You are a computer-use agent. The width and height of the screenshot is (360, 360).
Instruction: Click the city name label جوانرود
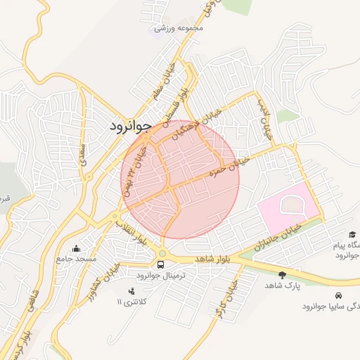[x=131, y=127]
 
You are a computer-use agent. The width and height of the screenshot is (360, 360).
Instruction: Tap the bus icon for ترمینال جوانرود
[x=162, y=265]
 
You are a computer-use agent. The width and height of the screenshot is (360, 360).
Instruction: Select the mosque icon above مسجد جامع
[x=76, y=248]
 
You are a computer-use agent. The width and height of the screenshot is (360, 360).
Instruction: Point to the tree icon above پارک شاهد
[x=283, y=274]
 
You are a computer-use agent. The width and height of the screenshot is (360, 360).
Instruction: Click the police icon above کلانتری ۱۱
[x=131, y=291]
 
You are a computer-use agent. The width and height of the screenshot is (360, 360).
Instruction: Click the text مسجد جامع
[x=77, y=259]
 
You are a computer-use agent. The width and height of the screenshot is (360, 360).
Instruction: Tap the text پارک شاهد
[x=283, y=285]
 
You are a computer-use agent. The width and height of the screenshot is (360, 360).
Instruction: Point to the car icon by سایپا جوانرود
[x=339, y=296]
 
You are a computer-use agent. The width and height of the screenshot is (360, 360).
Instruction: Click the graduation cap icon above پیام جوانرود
[x=351, y=235]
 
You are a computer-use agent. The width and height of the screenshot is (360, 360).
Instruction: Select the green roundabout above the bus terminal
[x=162, y=253]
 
